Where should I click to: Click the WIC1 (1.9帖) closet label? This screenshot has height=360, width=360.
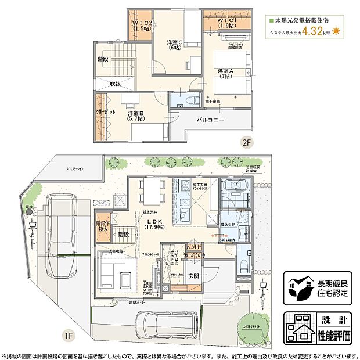point(227,24)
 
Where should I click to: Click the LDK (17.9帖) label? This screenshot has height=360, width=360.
point(154,224)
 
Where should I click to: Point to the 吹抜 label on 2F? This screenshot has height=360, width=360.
point(115,84)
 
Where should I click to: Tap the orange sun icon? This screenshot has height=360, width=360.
point(336,32)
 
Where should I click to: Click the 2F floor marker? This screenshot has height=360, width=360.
point(246,141)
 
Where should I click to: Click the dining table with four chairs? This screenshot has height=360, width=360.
point(150,190)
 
